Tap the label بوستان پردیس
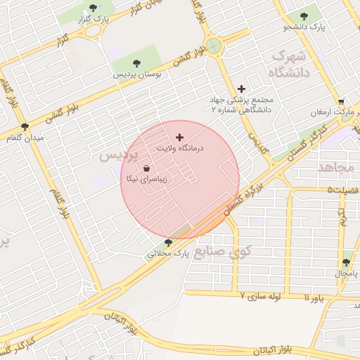[138, 72]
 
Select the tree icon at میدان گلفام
[25, 127]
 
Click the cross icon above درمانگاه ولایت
[179, 136]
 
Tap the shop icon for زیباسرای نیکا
[146, 169]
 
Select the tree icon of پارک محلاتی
[167, 243]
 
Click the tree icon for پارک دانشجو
[304, 15]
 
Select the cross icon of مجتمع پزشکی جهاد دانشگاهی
[242, 89]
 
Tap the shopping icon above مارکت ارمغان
[341, 101]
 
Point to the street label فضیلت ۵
[343, 190]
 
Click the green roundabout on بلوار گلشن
[214, 46]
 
